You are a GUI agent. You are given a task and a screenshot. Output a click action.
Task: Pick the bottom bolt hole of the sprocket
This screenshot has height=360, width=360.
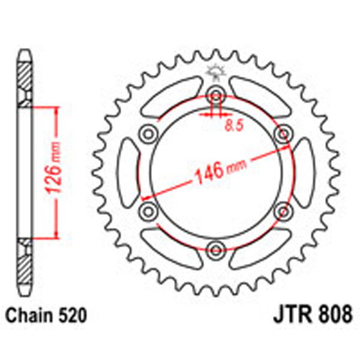tap(215, 248)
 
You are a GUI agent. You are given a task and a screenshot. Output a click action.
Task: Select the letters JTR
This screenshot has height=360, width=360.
tap(292, 314)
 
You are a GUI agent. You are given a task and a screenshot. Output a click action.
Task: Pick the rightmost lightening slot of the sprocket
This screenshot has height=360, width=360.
tap(302, 171)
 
